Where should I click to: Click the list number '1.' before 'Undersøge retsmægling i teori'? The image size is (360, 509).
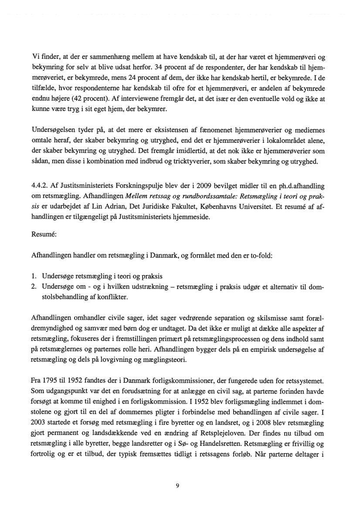[x=34, y=276]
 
